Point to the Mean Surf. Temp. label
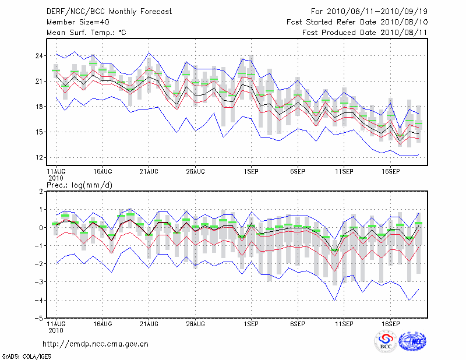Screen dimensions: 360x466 pos(86,33)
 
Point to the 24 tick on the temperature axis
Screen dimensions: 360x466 pos(40,56)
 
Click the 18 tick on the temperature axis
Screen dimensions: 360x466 pos(40,107)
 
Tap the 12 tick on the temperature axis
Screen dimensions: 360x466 pos(40,157)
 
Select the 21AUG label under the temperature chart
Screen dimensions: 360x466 pos(149,172)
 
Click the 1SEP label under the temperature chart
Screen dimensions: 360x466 pos(251,172)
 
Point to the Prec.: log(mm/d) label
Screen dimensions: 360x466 pos(79,184)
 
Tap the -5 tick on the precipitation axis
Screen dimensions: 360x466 pos(40,318)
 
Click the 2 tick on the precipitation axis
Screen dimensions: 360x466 pos(41,191)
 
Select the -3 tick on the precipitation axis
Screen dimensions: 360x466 pos(40,282)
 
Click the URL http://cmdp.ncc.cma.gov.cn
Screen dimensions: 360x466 pos(96,344)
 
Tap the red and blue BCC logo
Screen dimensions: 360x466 pos(386,342)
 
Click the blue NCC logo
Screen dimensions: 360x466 pos(413,341)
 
